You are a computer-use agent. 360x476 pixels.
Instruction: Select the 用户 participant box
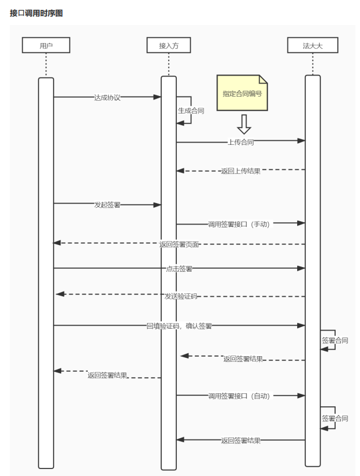click(x=46, y=45)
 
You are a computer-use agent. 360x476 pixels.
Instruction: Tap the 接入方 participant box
click(x=168, y=45)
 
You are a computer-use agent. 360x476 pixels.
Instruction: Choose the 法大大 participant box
click(x=312, y=45)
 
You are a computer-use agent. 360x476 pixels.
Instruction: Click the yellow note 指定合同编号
click(x=242, y=93)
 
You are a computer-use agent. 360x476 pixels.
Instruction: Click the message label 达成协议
click(x=107, y=97)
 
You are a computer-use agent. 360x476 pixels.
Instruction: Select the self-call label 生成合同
click(x=191, y=110)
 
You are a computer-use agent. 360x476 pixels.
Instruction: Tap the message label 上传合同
click(x=241, y=141)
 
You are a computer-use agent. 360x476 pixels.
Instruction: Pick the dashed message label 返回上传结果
click(x=241, y=171)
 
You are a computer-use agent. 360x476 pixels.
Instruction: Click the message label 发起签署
click(x=107, y=205)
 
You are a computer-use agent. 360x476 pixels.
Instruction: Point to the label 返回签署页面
click(x=179, y=244)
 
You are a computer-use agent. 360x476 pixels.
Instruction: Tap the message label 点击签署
click(x=179, y=269)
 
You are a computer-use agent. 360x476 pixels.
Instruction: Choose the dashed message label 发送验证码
click(x=180, y=296)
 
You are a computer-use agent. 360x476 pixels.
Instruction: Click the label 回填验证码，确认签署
click(x=179, y=326)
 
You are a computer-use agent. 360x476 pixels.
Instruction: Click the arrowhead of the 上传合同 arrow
click(x=301, y=140)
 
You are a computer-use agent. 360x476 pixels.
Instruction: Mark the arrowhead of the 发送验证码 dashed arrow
click(x=59, y=294)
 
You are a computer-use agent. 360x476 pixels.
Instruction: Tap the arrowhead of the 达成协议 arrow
click(x=157, y=97)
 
